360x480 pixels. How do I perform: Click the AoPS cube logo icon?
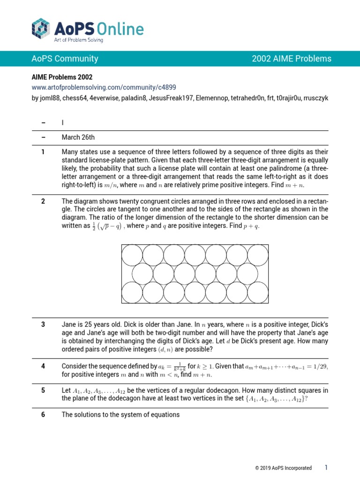point(41,28)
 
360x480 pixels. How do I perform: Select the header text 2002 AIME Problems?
point(292,59)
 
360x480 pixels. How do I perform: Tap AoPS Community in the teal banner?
point(65,59)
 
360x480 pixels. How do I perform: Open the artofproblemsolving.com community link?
point(104,87)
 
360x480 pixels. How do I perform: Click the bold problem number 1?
point(43,152)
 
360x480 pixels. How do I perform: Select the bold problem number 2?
point(43,202)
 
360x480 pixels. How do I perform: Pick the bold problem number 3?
point(43,324)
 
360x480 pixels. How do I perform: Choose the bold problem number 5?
point(43,390)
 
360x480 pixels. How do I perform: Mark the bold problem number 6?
point(43,415)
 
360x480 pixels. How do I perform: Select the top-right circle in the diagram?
point(258,255)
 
